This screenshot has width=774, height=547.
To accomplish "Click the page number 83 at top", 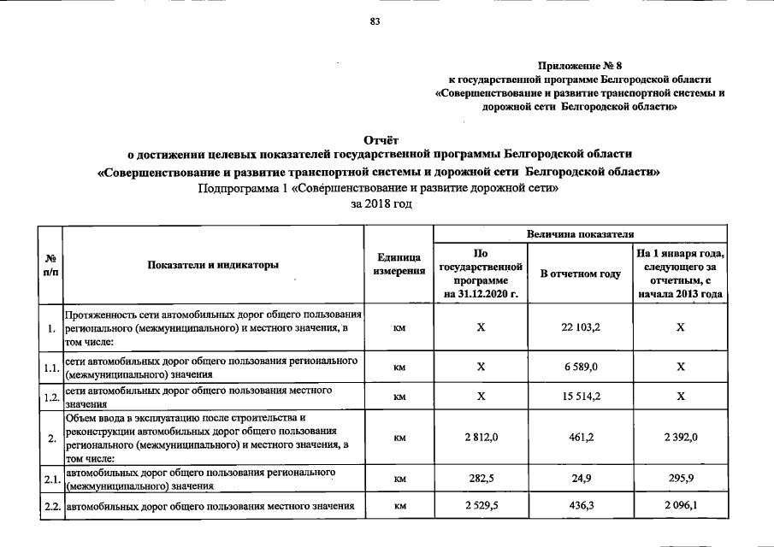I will [x=374, y=21].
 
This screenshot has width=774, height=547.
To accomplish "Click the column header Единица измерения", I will [x=399, y=264].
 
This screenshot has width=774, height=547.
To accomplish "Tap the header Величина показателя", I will [x=581, y=232].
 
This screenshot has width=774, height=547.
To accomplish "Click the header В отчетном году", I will [x=581, y=273].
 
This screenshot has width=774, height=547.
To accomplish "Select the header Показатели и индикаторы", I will [x=214, y=265].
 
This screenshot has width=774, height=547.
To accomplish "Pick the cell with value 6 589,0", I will [x=581, y=366].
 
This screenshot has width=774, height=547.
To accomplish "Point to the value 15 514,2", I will [x=581, y=397].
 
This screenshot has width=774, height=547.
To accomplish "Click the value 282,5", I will [x=481, y=479].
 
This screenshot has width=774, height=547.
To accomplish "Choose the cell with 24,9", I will [x=581, y=479].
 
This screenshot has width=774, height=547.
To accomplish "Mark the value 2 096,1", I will [x=680, y=507].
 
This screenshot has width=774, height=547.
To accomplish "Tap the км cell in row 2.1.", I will [x=399, y=479].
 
